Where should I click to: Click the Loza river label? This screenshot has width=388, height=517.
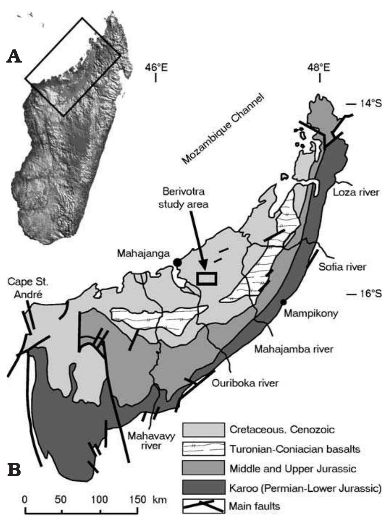coord(356,192)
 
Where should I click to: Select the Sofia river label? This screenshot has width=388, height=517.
coord(342,267)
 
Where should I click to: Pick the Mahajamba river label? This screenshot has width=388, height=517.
coord(293,350)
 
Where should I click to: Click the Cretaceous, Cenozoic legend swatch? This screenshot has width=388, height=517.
coord(203,430)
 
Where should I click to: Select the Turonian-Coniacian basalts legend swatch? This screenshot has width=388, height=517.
coord(203,449)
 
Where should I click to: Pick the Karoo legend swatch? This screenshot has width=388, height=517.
coord(203,488)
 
